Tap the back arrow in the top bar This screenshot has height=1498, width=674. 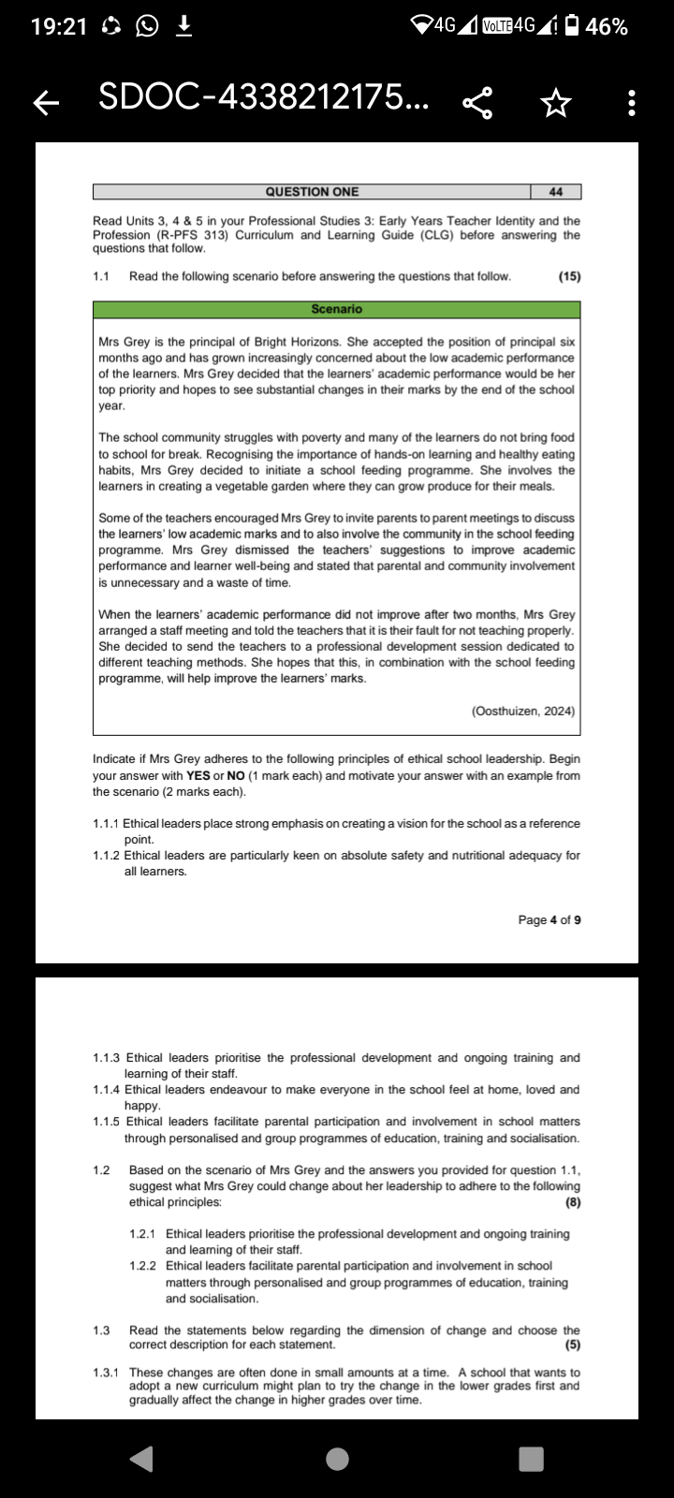[42, 102]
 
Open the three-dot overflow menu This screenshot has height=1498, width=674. [633, 102]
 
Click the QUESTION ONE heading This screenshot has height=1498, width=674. [312, 192]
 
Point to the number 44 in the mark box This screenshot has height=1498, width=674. [556, 192]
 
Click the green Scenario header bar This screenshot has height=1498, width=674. [336, 309]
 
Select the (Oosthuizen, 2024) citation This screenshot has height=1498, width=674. [523, 711]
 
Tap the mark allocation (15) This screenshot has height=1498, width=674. [569, 276]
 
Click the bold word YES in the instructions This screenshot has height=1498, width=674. [198, 775]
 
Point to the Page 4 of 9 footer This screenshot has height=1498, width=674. [549, 919]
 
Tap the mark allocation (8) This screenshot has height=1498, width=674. [573, 1202]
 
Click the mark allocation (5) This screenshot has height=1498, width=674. [573, 1345]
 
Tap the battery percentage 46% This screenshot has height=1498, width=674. [607, 27]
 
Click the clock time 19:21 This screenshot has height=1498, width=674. [59, 27]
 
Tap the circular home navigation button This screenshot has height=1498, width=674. [337, 1458]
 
